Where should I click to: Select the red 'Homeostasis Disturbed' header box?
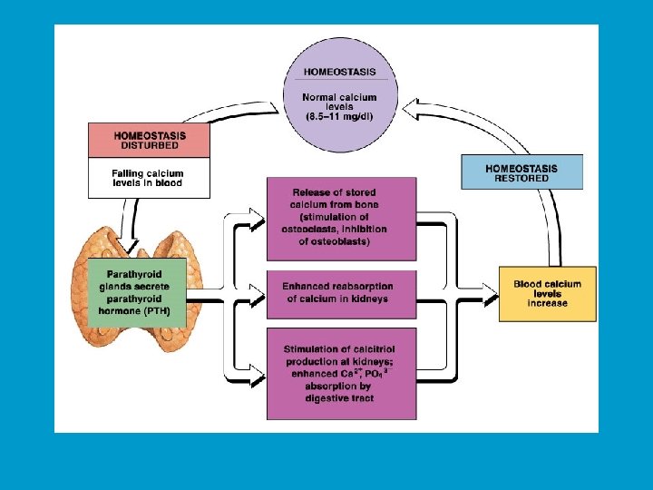[149, 141]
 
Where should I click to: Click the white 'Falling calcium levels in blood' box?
[149, 178]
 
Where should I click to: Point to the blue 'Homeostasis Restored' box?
[521, 172]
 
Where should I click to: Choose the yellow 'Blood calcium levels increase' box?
[547, 294]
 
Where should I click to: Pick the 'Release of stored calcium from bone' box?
[341, 217]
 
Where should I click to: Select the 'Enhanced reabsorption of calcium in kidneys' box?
[341, 293]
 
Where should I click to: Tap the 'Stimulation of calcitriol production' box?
[341, 373]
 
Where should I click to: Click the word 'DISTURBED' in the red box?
[149, 146]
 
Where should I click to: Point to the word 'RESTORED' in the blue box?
[521, 179]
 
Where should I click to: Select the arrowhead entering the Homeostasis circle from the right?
[410, 110]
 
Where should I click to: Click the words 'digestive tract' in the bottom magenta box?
[341, 398]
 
